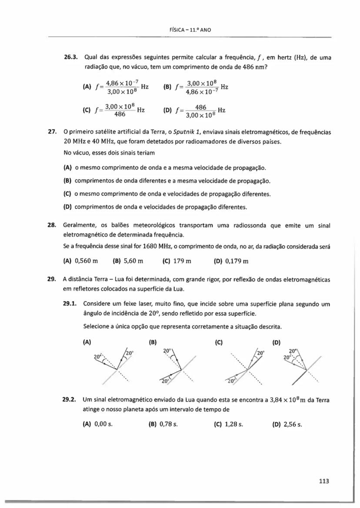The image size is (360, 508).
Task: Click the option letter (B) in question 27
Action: click(68, 180)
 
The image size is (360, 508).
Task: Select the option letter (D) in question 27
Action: click(68, 207)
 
